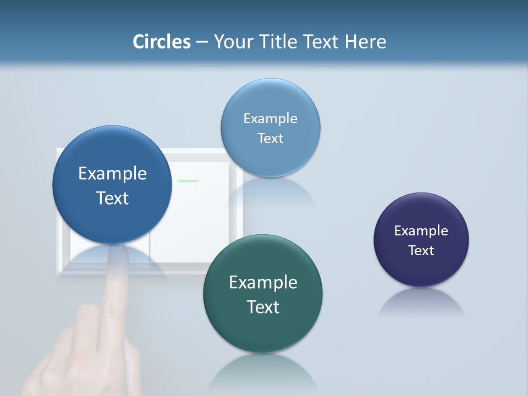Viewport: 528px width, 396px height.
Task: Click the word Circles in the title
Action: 162,42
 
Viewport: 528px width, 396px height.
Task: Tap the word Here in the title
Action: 366,42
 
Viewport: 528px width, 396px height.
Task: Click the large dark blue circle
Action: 112,159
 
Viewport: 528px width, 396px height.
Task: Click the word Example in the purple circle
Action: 421,230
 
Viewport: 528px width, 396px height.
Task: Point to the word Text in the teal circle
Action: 263,307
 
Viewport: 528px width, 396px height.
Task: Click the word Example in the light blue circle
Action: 270,118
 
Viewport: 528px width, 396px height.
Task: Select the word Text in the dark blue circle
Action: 112,198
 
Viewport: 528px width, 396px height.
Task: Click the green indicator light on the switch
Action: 188,181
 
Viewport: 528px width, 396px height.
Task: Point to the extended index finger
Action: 115,280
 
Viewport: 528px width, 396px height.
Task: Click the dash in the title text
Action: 202,42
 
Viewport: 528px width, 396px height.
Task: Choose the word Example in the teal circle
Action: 263,282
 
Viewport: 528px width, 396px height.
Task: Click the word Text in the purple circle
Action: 421,250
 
